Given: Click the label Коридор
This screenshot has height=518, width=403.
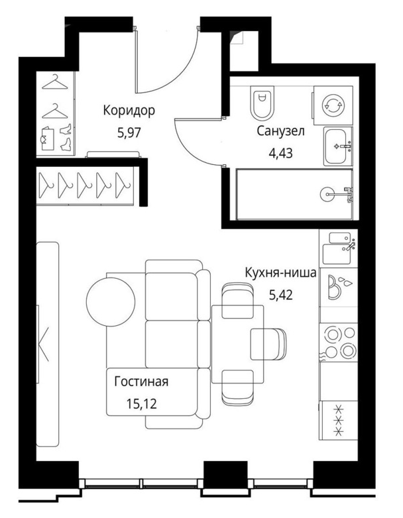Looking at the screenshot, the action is coord(129,111).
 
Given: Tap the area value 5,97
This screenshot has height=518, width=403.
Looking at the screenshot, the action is coord(129,132).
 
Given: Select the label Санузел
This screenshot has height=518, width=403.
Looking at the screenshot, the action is coord(280,131).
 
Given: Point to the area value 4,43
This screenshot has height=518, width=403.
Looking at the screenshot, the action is coord(280,153).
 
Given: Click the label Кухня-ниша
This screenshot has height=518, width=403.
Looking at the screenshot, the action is coord(280,273).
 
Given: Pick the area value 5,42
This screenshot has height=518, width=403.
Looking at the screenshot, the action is coord(280,295).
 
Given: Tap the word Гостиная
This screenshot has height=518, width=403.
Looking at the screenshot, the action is coord(141,382).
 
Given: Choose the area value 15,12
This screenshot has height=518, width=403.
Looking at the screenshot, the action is coord(141,403).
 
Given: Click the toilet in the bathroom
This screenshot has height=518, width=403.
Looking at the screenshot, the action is coord(262,103).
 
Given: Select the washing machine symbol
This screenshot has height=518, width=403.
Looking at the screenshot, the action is coord(333,106).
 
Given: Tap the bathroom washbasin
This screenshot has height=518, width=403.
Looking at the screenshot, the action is coord(338,146).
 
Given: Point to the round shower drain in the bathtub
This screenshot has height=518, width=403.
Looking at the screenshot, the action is coord(327,194).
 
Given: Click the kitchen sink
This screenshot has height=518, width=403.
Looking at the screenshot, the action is coord(338,248).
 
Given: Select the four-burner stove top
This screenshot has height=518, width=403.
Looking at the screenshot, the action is coord(338,342).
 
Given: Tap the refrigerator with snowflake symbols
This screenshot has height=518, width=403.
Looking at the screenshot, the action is coord(338,420).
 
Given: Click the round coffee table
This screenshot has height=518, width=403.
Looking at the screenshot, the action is coord(111,301).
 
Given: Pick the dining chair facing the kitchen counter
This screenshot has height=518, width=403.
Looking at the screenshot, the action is coord(268,344).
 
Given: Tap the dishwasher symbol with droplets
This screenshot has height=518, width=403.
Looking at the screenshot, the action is coord(338,287).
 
